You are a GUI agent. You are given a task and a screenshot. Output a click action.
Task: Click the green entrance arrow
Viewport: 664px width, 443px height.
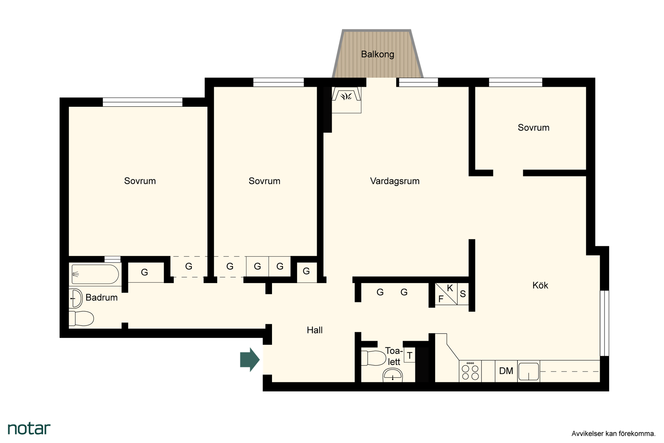click(x=250, y=360)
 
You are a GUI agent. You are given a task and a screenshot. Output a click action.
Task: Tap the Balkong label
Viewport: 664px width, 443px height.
click(x=378, y=54)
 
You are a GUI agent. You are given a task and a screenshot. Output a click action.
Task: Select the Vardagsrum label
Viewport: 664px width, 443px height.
click(x=395, y=181)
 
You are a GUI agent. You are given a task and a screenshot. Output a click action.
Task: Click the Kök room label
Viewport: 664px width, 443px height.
click(x=540, y=285)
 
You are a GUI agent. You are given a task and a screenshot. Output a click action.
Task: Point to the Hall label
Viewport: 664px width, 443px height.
click(x=314, y=330)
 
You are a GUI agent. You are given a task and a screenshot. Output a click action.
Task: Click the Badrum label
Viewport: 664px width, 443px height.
click(x=101, y=298)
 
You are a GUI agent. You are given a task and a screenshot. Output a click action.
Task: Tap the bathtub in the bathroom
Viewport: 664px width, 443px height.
click(x=95, y=275)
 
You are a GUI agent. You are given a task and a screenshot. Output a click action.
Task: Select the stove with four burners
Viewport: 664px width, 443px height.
click(x=470, y=371)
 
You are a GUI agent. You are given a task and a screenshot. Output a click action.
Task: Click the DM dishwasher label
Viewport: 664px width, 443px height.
click(x=506, y=371)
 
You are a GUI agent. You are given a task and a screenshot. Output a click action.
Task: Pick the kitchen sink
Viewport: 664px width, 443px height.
click(x=528, y=371)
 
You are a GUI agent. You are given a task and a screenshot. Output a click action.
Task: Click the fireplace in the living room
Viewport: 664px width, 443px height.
click(x=346, y=100)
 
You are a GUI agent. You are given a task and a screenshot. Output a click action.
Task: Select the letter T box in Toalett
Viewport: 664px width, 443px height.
click(x=410, y=356)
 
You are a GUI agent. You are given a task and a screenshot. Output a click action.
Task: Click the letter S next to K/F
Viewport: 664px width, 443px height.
click(x=463, y=294)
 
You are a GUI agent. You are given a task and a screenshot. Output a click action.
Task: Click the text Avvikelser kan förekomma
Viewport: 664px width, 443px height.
click(x=613, y=434)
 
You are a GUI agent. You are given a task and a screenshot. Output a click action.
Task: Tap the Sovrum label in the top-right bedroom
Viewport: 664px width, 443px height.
click(x=533, y=128)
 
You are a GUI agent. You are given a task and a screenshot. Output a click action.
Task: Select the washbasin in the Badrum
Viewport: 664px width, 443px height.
click(x=76, y=298)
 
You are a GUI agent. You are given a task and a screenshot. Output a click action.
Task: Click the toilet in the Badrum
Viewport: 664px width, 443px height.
click(x=81, y=318)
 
